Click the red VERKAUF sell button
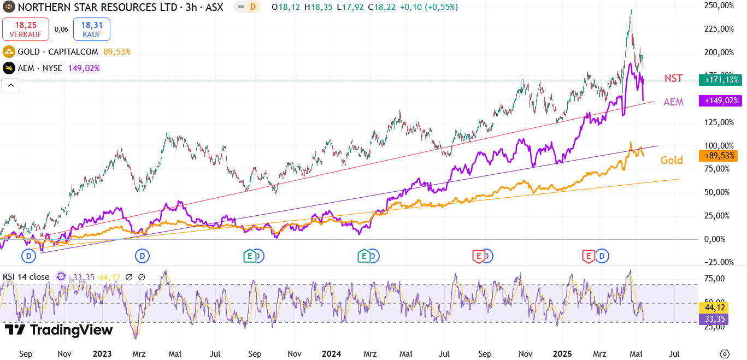coord(26,29)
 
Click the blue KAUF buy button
coord(92,29)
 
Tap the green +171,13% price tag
coord(721,80)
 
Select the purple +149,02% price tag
coord(721,101)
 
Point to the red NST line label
coord(673,78)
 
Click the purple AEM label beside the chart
coord(673,102)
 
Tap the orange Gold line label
coord(672,160)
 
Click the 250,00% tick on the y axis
coord(719,5)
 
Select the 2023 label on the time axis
coord(102,353)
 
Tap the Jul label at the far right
coord(674,353)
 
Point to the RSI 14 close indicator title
coord(26,277)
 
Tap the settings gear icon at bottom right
coord(725,353)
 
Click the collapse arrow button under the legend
coord(10,85)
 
